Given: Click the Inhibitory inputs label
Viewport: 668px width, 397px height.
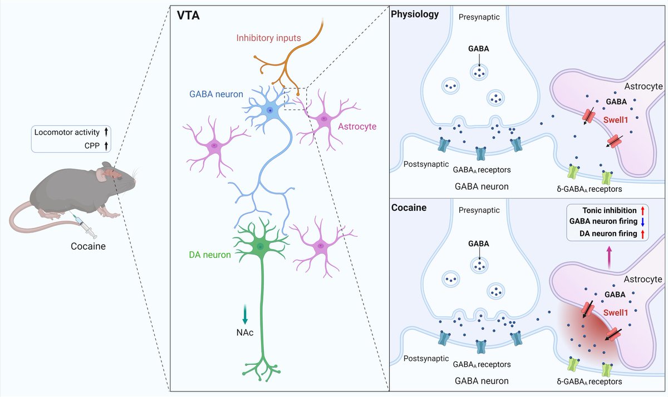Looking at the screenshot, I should click(269, 38).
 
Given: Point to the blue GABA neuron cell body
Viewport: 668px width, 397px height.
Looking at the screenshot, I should click(269, 111).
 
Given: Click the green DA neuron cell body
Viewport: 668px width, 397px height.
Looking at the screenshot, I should click(260, 245).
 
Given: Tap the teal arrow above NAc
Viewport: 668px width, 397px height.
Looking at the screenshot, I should click(245, 315).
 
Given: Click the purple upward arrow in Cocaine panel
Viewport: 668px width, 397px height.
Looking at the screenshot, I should click(610, 259).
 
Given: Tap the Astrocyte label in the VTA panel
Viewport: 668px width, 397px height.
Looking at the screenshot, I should click(354, 126).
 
